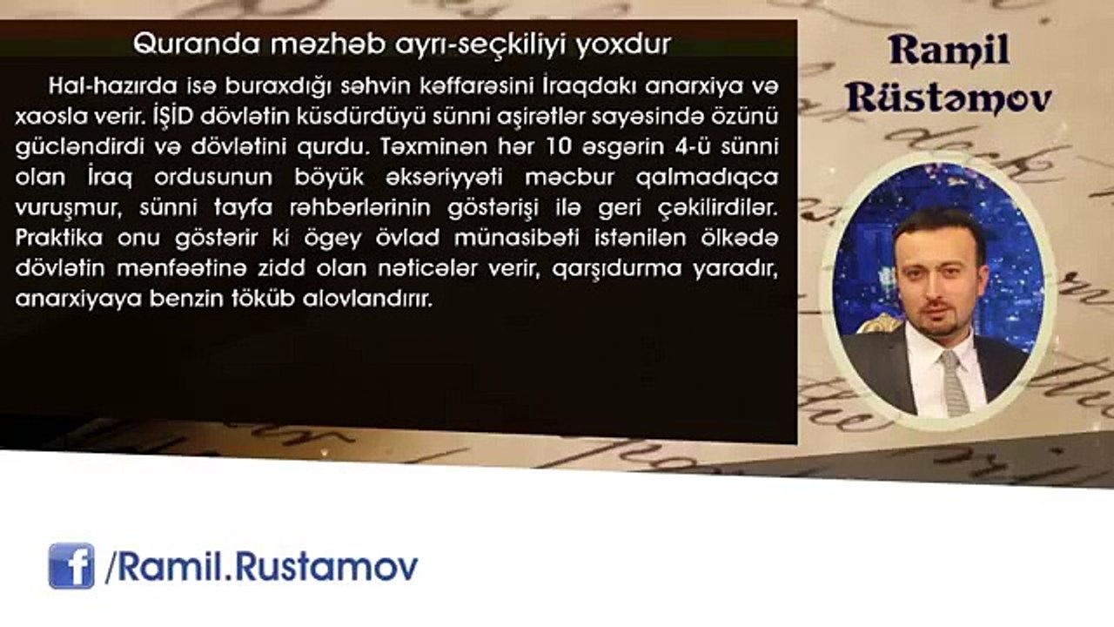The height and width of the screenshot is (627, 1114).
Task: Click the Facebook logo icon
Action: [71, 566]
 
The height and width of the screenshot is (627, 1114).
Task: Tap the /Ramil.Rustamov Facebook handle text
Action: [262, 567]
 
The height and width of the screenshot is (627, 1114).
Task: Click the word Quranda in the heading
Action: [197, 44]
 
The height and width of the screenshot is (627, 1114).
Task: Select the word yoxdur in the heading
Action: [624, 44]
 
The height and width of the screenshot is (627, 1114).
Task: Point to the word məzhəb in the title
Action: [328, 44]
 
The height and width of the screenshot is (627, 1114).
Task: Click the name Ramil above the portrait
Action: [950, 51]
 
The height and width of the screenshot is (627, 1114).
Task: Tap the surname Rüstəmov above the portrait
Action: [949, 98]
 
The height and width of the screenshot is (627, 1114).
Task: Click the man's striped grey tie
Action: [953, 382]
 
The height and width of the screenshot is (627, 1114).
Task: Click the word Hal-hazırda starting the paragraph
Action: [113, 86]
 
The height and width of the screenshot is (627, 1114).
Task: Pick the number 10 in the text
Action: [560, 147]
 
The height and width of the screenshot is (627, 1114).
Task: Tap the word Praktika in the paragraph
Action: [59, 238]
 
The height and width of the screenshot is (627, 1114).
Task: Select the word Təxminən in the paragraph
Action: [434, 147]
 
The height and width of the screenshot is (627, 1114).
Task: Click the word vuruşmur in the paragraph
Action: [69, 208]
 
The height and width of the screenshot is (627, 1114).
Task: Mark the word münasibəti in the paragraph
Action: [517, 238]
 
